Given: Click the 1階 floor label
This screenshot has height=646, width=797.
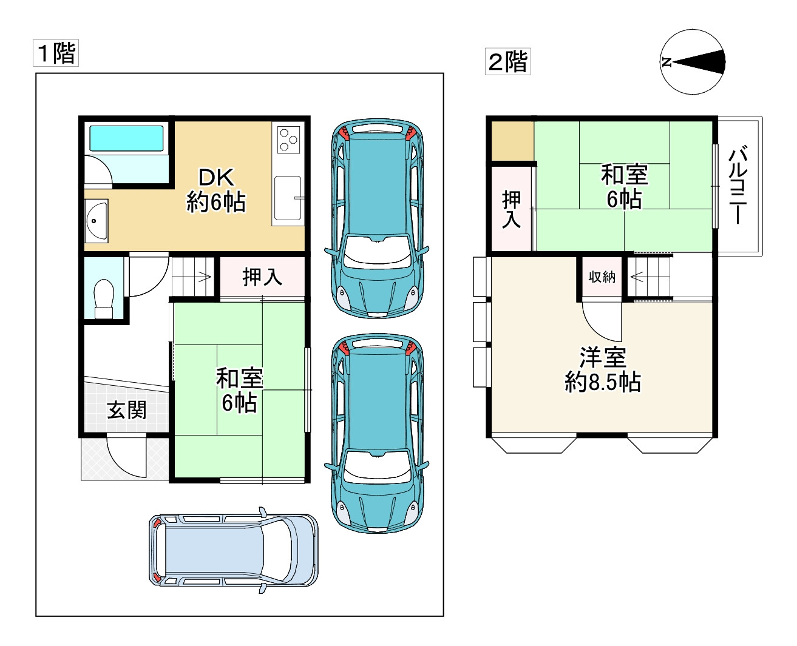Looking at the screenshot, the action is coord(56,53).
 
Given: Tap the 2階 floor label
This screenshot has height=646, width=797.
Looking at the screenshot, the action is coord(507,61).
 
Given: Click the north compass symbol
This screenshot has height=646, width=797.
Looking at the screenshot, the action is coord(692,62).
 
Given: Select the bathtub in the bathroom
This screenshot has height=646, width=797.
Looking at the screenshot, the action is coord(126,138).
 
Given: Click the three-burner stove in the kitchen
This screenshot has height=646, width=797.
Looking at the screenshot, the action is coord(288,140).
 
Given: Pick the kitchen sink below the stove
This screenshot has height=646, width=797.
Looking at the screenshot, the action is coord(288,198).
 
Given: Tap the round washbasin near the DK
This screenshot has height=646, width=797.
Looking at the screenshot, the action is coord(96,221).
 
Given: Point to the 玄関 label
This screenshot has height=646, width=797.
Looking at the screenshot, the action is coord(126,410).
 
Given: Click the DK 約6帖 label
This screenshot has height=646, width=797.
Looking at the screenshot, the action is coord(216,190).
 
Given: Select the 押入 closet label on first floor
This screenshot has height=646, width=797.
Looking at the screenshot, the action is coord(262,277).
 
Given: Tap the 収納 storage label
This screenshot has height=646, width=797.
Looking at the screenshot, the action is coord(602,277).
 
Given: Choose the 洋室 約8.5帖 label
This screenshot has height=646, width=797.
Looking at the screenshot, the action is coord(602,369).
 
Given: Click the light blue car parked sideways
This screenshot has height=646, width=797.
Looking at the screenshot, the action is coord(234,550).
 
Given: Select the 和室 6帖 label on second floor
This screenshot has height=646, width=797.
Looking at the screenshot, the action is coord(625,187).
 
